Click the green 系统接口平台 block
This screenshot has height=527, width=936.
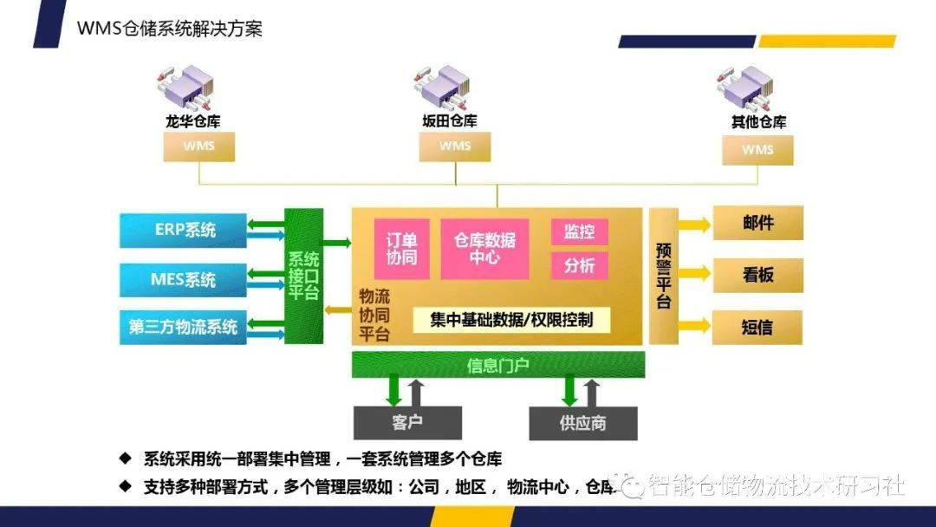point(303,276)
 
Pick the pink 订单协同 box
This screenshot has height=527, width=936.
point(401,248)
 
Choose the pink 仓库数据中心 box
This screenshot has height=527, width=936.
point(484,248)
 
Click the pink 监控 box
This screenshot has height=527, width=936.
point(579,231)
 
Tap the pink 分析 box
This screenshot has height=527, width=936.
point(579,265)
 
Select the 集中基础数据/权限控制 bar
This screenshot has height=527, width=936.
point(511,320)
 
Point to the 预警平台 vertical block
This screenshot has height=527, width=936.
point(663,276)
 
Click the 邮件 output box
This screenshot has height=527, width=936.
point(757,223)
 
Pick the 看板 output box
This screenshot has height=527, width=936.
point(757,276)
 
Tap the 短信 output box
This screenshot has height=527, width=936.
point(757,328)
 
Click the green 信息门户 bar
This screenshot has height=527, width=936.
point(497,365)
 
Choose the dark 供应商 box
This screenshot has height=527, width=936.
point(582,423)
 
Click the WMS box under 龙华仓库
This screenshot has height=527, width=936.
point(198,146)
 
